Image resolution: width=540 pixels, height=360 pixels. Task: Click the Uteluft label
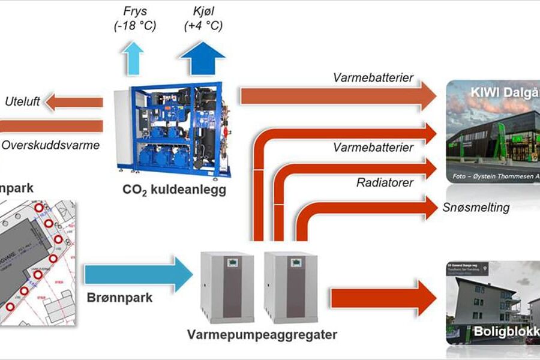[x=22, y=102]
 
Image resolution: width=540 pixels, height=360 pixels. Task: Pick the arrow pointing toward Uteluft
[x=74, y=102]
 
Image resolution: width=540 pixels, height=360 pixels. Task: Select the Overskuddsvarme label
[x=50, y=145]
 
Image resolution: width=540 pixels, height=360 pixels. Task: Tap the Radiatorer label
[x=385, y=182]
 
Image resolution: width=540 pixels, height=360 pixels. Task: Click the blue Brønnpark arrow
[x=138, y=274]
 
